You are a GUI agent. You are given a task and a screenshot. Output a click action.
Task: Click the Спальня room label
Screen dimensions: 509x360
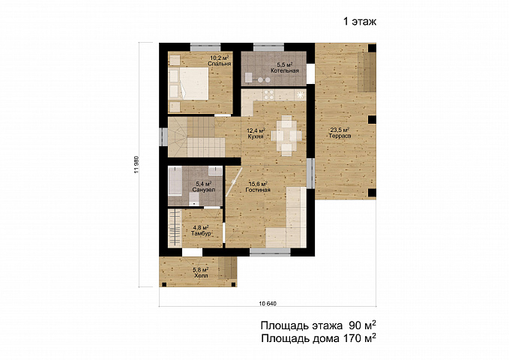(220, 64)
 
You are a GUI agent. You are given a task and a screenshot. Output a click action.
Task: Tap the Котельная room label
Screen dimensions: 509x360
(285, 70)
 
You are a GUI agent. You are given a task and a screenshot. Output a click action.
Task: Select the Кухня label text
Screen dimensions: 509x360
(255, 136)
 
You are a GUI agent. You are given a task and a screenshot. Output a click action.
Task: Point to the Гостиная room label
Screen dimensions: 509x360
(258, 190)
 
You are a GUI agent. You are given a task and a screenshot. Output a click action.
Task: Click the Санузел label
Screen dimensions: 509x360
(204, 190)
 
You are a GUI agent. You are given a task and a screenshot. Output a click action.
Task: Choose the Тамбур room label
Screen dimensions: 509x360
(202, 233)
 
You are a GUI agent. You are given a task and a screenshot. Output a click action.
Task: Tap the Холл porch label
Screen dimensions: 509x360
(201, 275)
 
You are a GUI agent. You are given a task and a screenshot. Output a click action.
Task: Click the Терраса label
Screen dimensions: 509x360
(340, 136)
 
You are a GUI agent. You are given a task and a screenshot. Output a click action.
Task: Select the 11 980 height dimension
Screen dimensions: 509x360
(136, 165)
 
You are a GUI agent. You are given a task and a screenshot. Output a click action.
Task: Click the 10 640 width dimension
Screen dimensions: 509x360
(268, 304)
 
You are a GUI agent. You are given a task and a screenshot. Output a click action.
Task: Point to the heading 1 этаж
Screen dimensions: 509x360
(360, 22)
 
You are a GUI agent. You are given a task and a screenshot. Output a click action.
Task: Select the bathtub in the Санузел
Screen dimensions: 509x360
(175, 181)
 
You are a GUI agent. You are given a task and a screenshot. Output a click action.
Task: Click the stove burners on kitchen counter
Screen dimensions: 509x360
(268, 94)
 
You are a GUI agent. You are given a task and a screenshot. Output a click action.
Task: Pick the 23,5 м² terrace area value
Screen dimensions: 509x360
(340, 130)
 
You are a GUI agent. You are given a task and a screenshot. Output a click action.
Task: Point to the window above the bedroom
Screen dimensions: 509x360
(205, 46)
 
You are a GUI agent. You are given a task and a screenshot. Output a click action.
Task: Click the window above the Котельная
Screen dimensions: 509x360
(269, 46)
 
